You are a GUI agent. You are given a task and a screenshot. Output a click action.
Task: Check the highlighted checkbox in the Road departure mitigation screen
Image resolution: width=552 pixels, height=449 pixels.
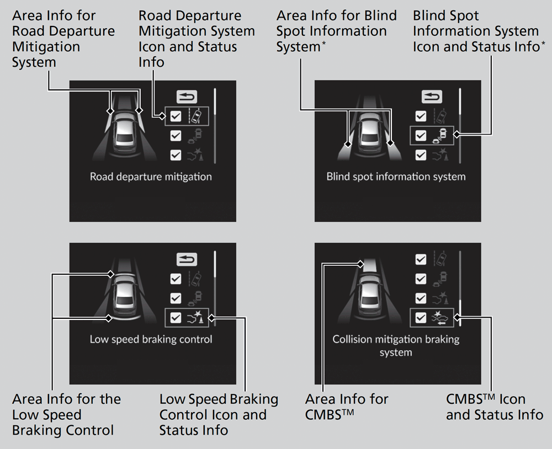(x=176, y=116)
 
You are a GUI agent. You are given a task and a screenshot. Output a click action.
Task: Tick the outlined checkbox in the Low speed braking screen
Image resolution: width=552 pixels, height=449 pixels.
(x=176, y=318)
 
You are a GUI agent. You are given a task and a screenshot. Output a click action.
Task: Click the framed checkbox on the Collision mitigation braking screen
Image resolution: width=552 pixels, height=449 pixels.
(x=421, y=317)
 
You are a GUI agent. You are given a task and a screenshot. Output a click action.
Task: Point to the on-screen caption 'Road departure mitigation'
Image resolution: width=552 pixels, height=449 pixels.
(x=151, y=177)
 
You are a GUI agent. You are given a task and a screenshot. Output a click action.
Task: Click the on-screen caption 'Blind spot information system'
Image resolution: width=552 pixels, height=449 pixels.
(x=396, y=177)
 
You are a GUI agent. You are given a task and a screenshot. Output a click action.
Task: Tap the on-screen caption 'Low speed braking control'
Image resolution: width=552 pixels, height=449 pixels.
(x=151, y=339)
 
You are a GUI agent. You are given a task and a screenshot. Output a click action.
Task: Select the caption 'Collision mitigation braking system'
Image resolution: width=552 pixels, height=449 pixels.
(x=396, y=345)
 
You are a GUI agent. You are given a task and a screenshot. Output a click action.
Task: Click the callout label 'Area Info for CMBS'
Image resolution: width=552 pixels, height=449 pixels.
(x=347, y=407)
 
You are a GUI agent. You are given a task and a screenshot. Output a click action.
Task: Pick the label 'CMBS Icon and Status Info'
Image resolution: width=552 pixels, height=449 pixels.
(x=494, y=407)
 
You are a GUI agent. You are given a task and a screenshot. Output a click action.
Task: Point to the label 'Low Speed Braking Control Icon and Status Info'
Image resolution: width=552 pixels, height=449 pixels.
(x=219, y=414)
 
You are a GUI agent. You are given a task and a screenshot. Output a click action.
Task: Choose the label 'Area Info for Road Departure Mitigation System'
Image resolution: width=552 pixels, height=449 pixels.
(x=63, y=39)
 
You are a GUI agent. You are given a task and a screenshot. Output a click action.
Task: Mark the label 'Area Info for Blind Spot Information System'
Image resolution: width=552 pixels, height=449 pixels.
(x=336, y=31)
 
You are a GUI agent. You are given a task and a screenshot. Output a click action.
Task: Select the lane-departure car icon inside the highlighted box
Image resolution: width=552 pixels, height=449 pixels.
(x=196, y=116)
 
